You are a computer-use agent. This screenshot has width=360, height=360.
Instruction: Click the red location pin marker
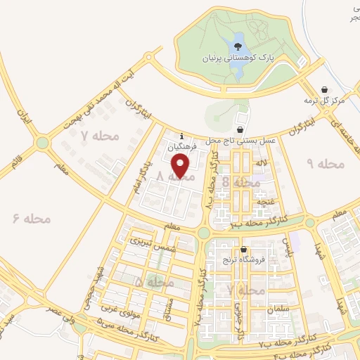pos(181,166)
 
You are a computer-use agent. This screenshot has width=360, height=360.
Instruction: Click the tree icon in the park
pos(238,46)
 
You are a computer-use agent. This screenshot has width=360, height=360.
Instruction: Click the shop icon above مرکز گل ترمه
pos(324,90)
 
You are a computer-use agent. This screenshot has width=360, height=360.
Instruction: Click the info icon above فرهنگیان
pos(182,136)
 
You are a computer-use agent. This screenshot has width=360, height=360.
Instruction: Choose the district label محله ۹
pos(326,164)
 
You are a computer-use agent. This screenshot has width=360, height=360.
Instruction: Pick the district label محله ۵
pos(154,281)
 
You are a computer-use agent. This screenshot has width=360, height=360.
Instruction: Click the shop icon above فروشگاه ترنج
pos(243,250)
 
